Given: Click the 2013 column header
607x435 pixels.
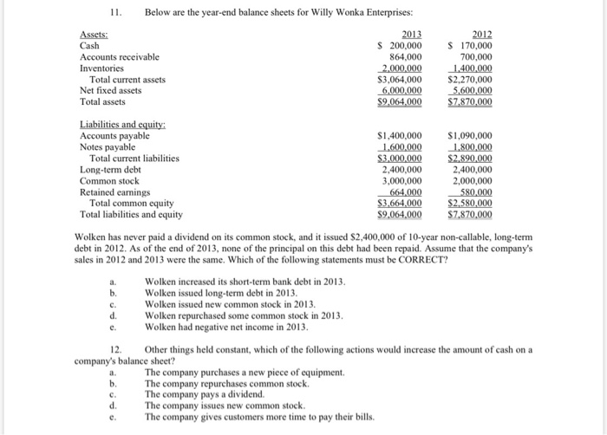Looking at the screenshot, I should pyautogui.click(x=409, y=34).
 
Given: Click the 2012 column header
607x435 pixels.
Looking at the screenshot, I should pyautogui.click(x=480, y=34).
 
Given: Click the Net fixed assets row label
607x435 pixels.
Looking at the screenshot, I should pyautogui.click(x=110, y=90).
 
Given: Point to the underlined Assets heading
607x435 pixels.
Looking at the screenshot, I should pyautogui.click(x=95, y=34).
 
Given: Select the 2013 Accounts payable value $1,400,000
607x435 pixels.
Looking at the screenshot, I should pyautogui.click(x=400, y=136).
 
